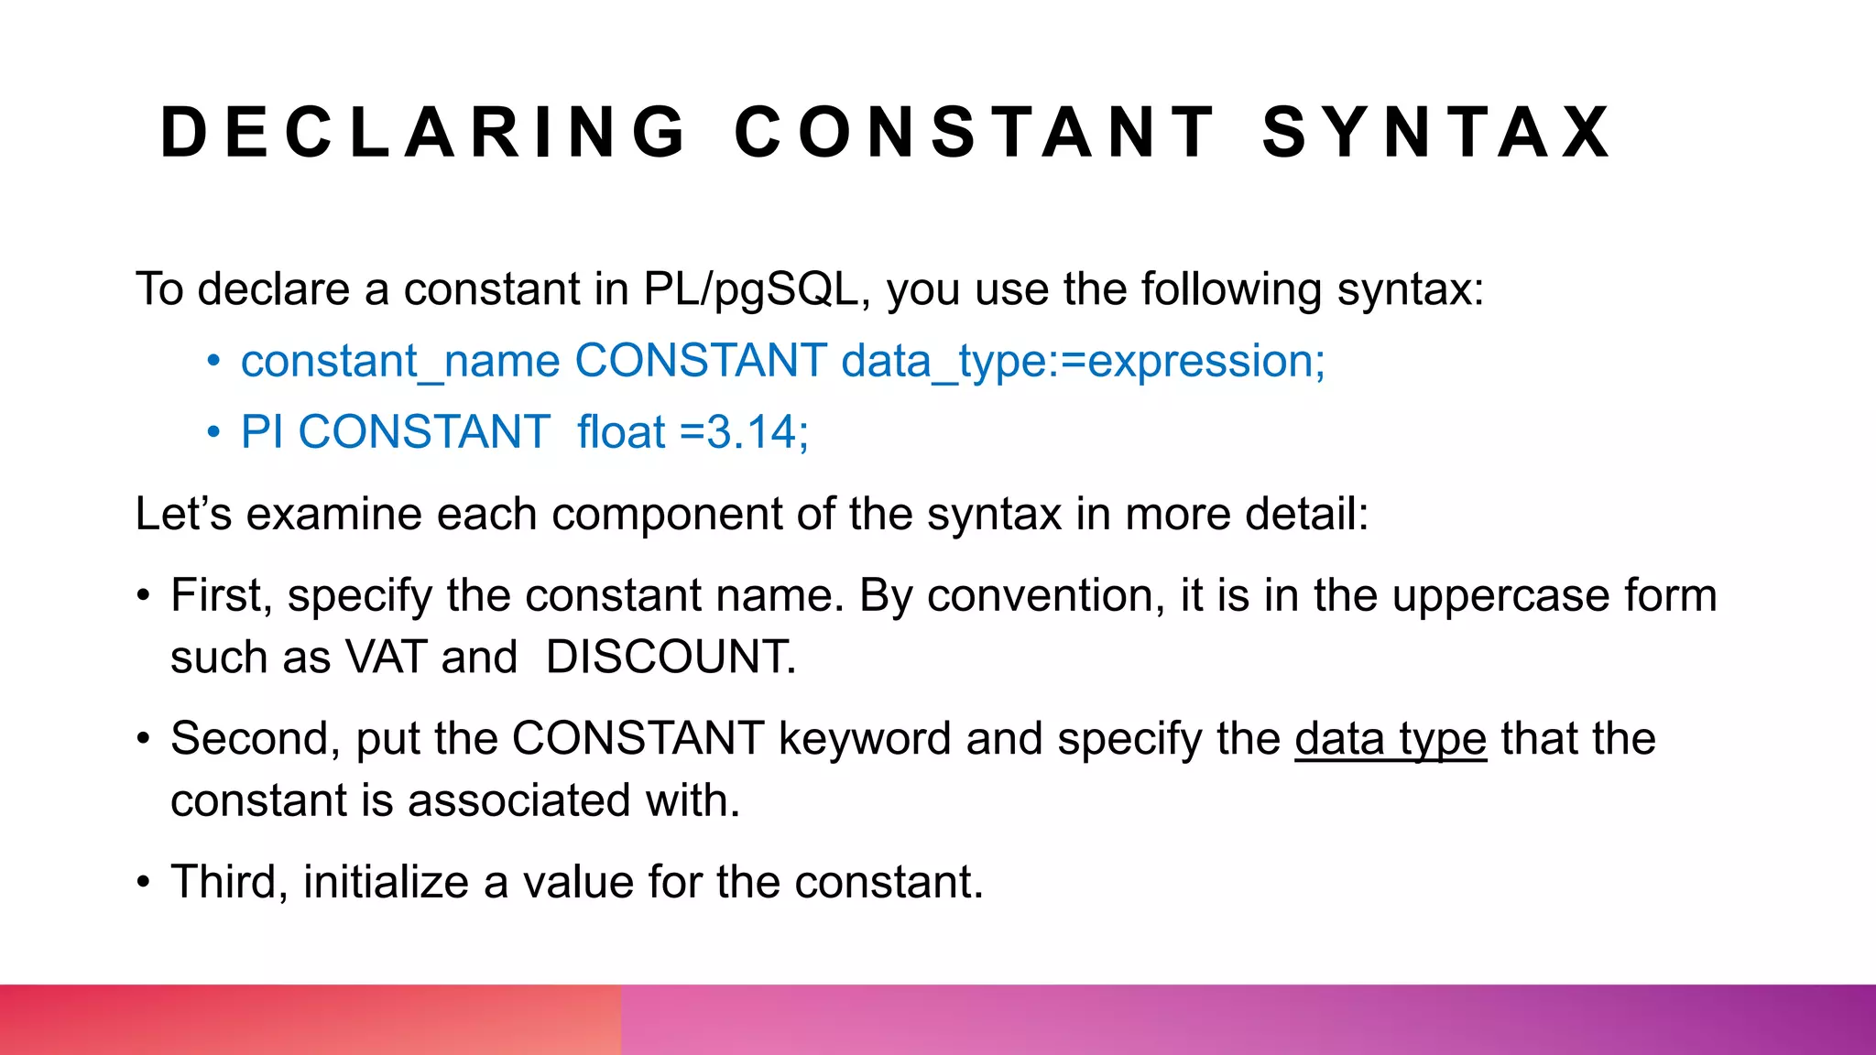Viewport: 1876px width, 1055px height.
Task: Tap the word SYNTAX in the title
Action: [1436, 133]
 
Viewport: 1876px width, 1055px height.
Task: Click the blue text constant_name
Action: [400, 361]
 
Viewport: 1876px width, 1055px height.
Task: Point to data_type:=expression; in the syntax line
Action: [1083, 361]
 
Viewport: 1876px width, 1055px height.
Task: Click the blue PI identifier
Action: [261, 432]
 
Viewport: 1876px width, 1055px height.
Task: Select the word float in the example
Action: [621, 432]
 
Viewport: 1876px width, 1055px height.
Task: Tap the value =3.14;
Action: [745, 432]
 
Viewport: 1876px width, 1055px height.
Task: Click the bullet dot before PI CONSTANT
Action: [213, 432]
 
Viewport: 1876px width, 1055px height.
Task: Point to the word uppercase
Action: [1500, 596]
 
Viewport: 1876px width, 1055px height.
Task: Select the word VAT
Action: [386, 658]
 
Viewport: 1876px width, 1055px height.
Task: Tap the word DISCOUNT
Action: [670, 658]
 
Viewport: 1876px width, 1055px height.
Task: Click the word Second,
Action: [256, 739]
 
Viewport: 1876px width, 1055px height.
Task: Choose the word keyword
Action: [864, 739]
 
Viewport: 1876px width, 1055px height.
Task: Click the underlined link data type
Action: [1390, 739]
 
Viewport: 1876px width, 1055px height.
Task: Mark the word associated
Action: [518, 801]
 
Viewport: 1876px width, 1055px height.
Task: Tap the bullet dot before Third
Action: [143, 883]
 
